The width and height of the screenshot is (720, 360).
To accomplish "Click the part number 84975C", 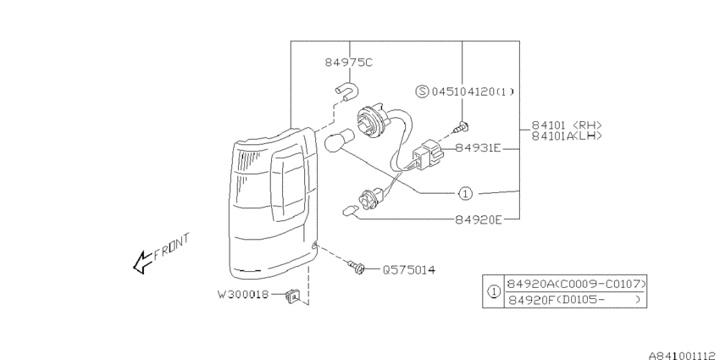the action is pyautogui.click(x=348, y=62).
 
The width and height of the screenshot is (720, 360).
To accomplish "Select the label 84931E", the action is pyautogui.click(x=478, y=148).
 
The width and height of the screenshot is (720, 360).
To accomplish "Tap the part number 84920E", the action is pyautogui.click(x=479, y=220).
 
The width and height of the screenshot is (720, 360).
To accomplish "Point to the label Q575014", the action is pyautogui.click(x=408, y=269).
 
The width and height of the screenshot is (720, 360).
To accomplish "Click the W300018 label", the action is pyautogui.click(x=243, y=294).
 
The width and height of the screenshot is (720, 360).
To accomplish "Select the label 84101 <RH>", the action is pyautogui.click(x=567, y=125).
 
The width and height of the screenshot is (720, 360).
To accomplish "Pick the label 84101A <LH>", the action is pyautogui.click(x=567, y=136).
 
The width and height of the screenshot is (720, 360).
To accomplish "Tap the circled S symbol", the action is pyautogui.click(x=422, y=91).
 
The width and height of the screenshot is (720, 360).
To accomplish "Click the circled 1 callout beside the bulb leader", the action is pyautogui.click(x=466, y=194).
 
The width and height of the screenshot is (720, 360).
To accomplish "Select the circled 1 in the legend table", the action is pyautogui.click(x=494, y=291).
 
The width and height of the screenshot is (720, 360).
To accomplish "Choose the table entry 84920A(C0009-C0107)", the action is pyautogui.click(x=576, y=284).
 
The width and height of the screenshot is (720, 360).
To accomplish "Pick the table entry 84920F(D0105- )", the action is pyautogui.click(x=573, y=300).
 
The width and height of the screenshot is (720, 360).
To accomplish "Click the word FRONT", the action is pyautogui.click(x=171, y=247).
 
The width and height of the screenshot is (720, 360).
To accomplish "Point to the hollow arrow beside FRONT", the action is pyautogui.click(x=143, y=263).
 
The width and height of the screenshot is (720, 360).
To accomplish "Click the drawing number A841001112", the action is pyautogui.click(x=682, y=355).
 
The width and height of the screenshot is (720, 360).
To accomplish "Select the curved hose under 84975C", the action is pyautogui.click(x=347, y=91).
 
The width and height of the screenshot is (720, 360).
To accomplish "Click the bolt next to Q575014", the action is pyautogui.click(x=356, y=266).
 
